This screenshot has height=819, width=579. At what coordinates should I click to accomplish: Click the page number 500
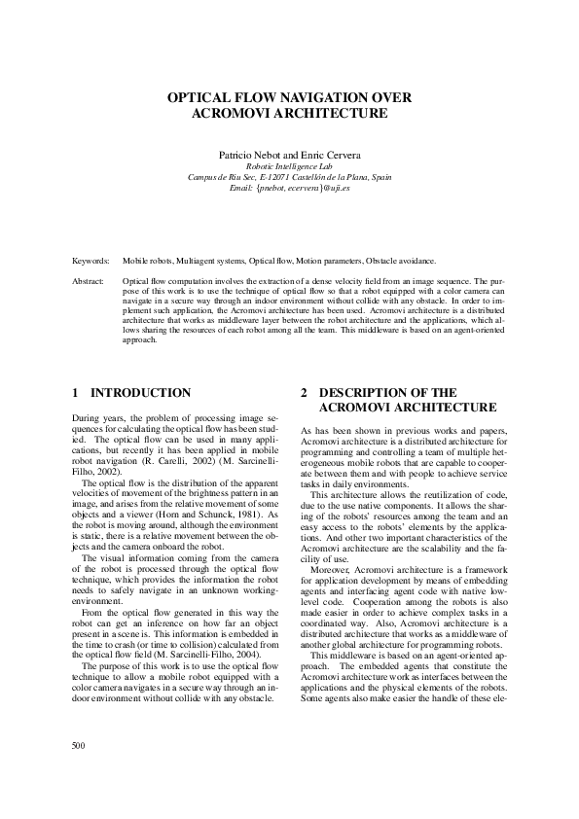tap(80, 746)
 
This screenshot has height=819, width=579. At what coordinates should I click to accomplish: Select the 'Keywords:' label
tap(92, 262)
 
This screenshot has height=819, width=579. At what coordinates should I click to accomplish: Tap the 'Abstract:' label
tap(91, 281)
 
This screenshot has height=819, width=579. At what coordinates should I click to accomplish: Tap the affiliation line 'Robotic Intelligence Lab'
tap(290, 166)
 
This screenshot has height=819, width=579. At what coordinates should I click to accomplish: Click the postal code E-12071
tap(285, 177)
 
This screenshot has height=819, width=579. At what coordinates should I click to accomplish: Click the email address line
tap(290, 188)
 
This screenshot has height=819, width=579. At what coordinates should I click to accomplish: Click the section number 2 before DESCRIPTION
tap(305, 393)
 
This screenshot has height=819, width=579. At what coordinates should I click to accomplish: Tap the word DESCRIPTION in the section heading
tap(363, 393)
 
